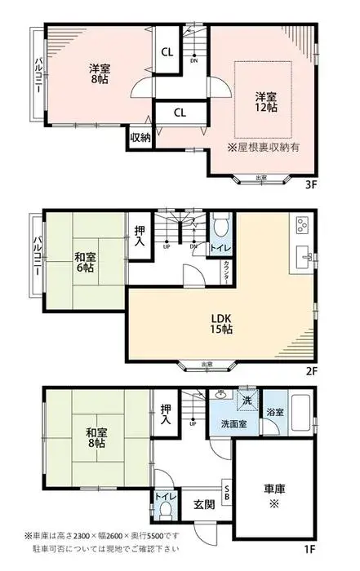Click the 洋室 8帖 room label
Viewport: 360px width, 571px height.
click(x=98, y=74)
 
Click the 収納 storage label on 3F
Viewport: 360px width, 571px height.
click(x=140, y=137)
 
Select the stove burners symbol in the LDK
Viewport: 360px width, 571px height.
click(x=300, y=224)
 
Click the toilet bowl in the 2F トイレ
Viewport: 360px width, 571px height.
click(x=220, y=226)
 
